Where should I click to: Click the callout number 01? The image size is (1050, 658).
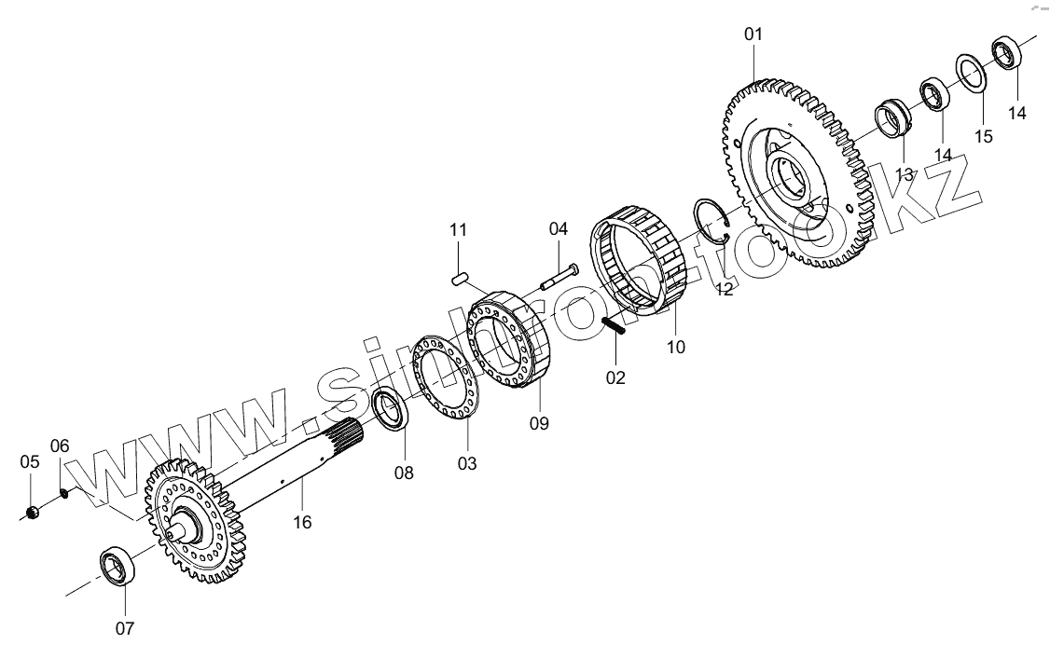(753, 34)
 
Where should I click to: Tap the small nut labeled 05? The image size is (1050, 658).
(31, 514)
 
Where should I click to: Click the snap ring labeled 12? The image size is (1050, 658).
(716, 222)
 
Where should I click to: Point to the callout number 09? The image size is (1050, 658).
(539, 423)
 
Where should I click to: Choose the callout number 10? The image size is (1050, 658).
(676, 348)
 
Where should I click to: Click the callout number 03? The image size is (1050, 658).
(467, 462)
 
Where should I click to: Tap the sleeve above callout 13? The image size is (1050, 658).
(892, 121)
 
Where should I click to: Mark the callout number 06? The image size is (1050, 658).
(60, 446)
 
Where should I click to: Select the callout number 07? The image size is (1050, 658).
(125, 628)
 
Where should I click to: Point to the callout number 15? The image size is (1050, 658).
(984, 136)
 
